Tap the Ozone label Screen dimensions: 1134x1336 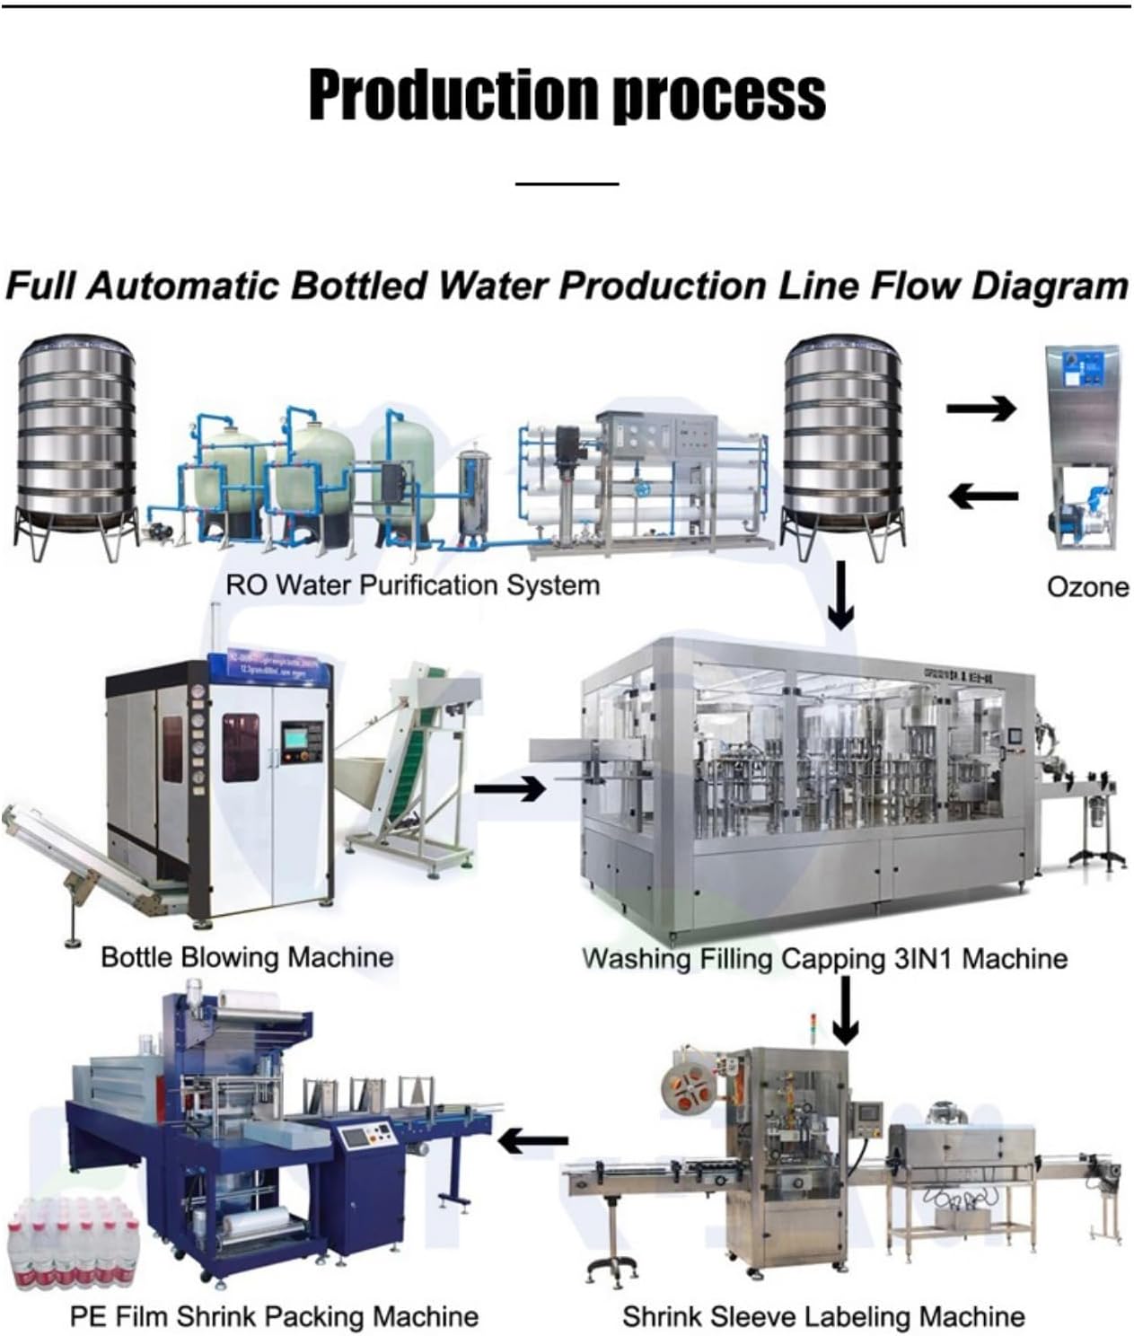coord(1087,587)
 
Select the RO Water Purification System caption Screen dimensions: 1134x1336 coord(412,585)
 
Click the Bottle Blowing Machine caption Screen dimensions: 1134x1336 coord(247,956)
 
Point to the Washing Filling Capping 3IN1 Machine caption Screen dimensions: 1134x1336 coord(824,958)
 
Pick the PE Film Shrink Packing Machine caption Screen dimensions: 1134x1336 coord(274,1317)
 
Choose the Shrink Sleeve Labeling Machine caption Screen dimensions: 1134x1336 coord(823,1317)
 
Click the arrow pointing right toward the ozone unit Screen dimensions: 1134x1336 coord(981,409)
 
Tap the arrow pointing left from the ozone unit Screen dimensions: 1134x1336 coord(983,495)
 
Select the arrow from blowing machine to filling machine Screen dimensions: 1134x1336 coord(509,789)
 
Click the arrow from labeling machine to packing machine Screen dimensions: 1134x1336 coord(533,1142)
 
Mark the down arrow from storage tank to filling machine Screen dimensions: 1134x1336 coord(840,596)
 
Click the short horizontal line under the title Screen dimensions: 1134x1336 coord(567,184)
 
